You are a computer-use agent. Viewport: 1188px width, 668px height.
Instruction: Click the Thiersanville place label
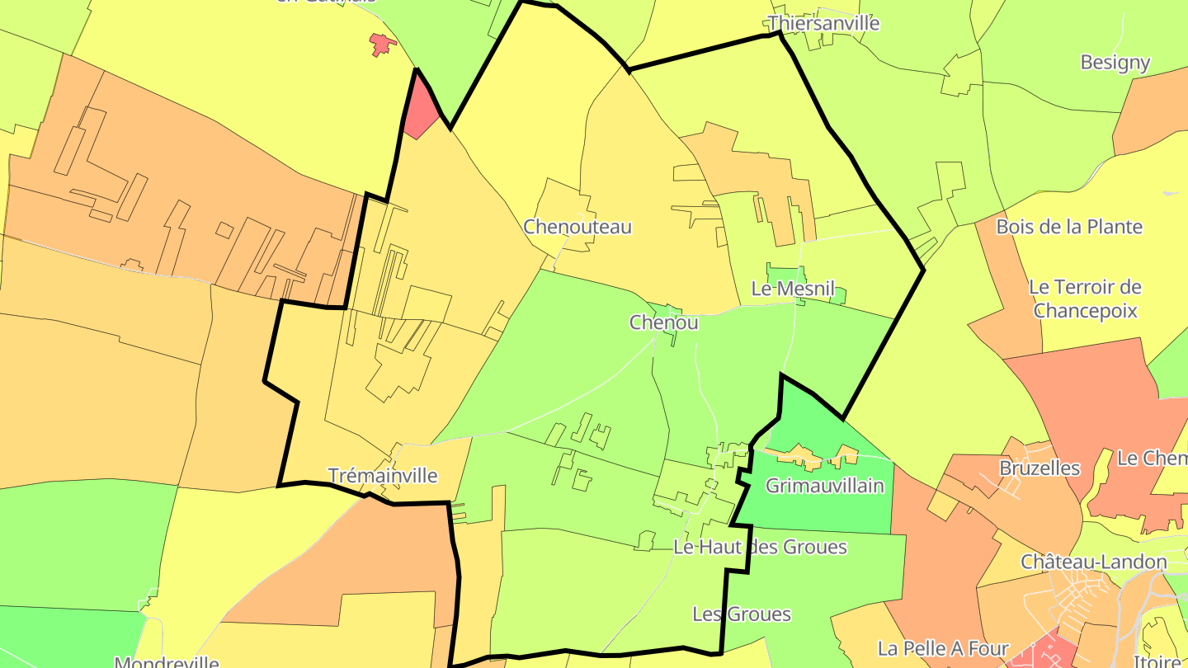pos(823,23)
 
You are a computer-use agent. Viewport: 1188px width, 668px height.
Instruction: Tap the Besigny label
pos(1115,63)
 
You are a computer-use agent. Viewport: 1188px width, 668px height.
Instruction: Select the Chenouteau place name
pos(577,227)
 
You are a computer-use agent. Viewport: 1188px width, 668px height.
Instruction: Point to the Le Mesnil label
pos(793,289)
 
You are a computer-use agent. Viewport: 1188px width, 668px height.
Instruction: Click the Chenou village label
pos(663,322)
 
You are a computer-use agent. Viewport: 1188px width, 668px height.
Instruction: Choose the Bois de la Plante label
pos(1069,227)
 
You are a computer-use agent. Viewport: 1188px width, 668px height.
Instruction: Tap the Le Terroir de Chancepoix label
pos(1085,299)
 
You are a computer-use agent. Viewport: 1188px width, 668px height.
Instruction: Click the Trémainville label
pos(383,476)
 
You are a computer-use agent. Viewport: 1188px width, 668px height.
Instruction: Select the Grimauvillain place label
pos(824,485)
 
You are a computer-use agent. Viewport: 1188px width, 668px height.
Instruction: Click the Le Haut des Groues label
pos(760,547)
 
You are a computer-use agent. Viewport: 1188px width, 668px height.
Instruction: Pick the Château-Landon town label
pos(1094,562)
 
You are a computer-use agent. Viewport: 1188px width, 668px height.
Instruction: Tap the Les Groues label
pos(742,614)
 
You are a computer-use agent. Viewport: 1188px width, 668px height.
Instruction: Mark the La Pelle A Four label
pos(943,648)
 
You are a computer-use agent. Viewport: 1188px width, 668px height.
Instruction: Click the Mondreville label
pos(167,661)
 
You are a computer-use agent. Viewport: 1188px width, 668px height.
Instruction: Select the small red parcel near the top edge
pos(380,43)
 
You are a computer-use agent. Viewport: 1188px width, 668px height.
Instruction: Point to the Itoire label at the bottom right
pos(1160,661)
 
